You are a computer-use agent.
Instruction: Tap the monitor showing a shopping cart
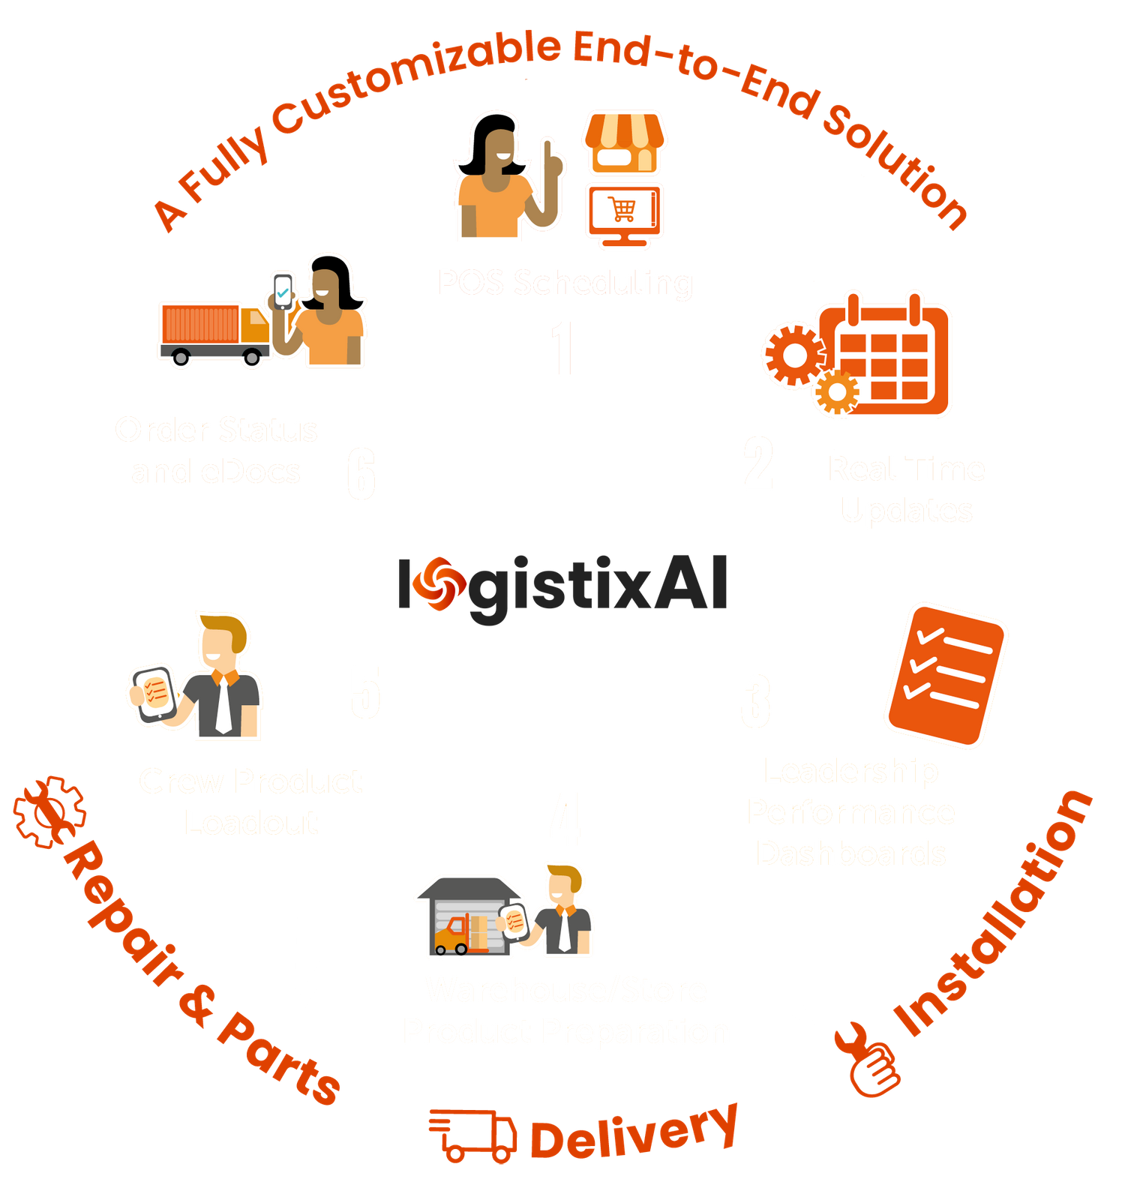tap(625, 214)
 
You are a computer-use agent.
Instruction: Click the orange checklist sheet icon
tap(946, 674)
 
